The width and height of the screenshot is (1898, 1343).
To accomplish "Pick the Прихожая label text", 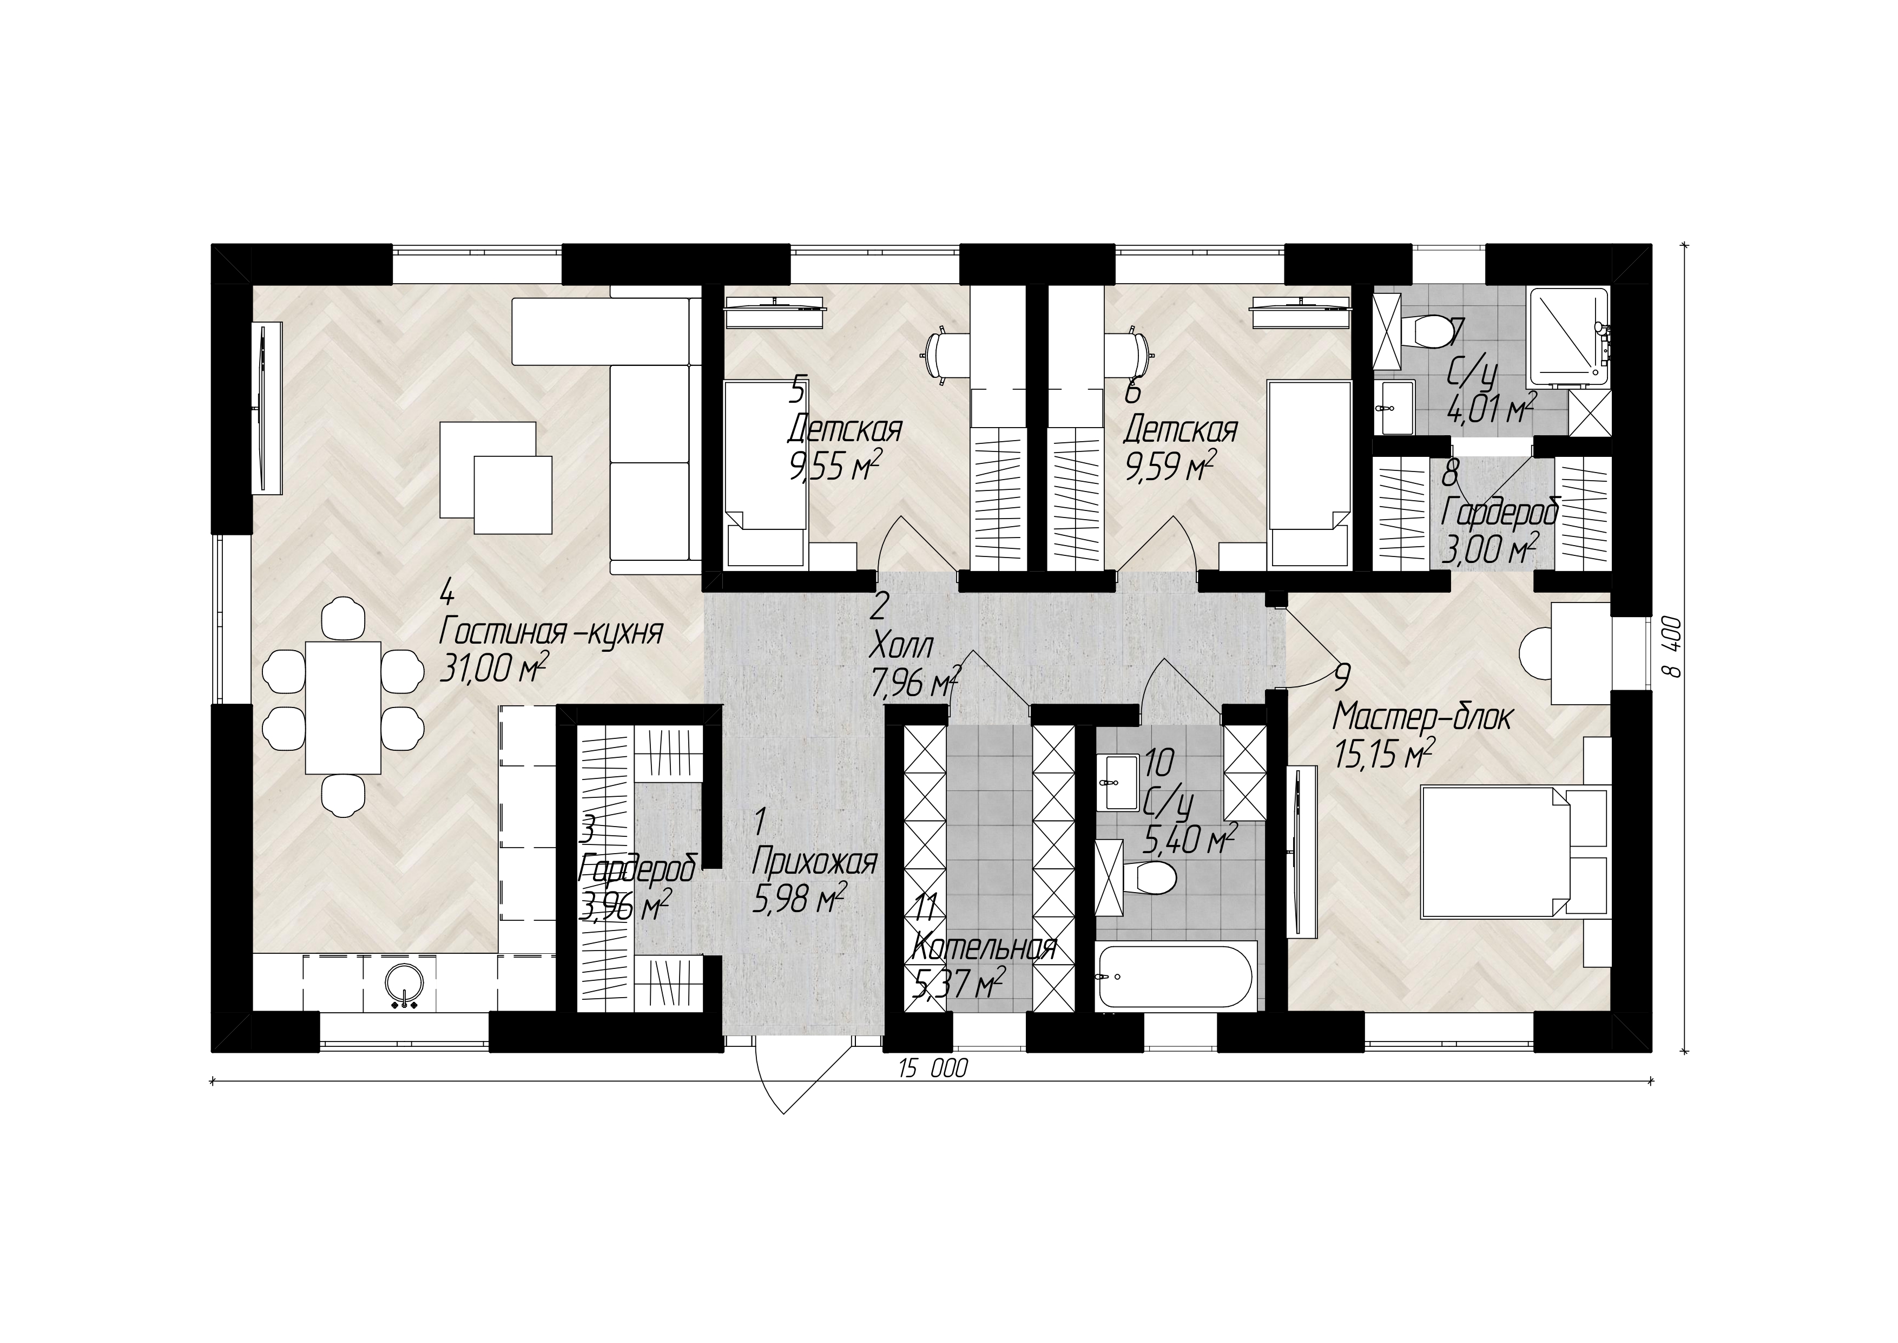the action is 814,863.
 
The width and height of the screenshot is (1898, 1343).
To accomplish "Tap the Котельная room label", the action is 983,948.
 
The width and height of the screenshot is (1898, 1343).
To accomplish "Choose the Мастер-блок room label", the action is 1422,717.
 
